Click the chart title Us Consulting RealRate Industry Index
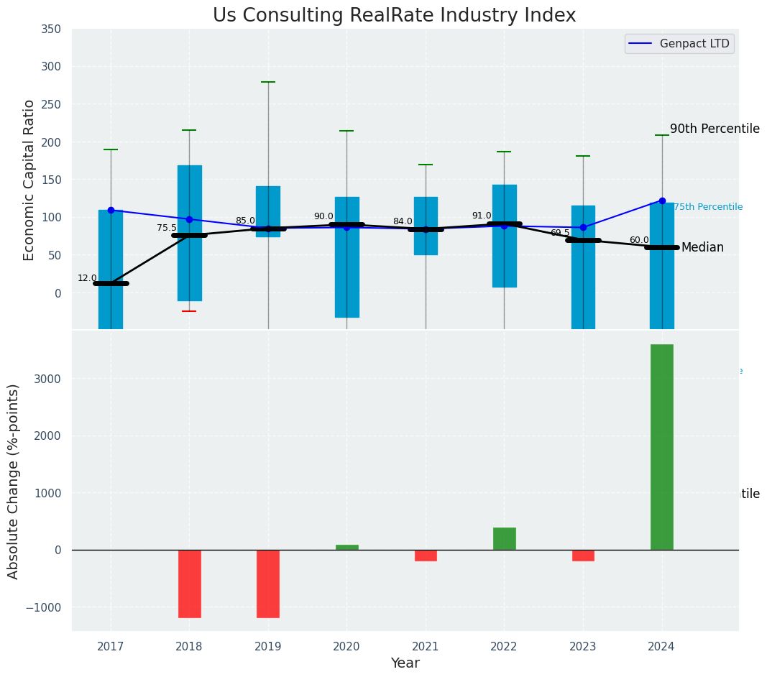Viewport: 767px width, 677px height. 394,16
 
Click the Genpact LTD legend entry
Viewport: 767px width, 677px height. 679,44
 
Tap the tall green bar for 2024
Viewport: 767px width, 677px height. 661,446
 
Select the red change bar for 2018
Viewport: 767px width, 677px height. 189,584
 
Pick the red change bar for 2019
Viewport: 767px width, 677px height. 268,584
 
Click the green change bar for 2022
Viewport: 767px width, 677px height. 504,539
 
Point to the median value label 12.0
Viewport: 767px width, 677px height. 87,278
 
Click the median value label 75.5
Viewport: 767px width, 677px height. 166,228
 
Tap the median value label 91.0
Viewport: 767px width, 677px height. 482,216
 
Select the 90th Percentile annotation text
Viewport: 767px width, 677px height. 715,129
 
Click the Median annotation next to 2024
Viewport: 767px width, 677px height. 702,248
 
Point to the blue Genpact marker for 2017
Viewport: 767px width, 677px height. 111,210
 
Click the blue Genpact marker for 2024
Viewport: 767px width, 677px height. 662,201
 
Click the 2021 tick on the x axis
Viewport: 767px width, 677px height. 426,646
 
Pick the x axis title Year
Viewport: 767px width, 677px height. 405,663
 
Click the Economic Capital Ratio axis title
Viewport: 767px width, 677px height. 29,180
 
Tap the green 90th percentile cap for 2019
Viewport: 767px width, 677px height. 268,82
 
